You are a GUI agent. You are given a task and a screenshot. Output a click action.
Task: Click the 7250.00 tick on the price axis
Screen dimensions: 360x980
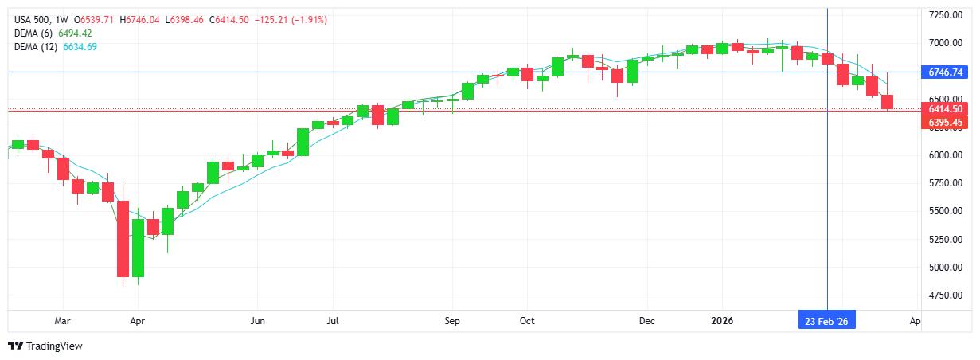[x=945, y=15]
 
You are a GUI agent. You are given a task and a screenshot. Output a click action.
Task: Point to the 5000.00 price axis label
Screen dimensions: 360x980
[x=945, y=268]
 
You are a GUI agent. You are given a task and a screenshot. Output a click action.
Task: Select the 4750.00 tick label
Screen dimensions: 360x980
[x=945, y=295]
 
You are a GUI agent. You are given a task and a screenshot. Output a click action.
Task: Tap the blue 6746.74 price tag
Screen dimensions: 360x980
[x=945, y=72]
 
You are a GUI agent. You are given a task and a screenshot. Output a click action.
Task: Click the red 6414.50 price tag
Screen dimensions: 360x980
[x=945, y=109]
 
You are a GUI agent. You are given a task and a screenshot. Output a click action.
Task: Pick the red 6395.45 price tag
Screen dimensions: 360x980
[x=945, y=122]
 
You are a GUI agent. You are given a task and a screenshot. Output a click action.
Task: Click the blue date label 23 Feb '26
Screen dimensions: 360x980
[x=827, y=321]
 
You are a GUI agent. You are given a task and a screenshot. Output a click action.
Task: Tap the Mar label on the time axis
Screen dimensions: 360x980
[x=63, y=321]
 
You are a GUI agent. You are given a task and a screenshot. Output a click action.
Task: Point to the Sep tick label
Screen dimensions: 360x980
[x=452, y=321]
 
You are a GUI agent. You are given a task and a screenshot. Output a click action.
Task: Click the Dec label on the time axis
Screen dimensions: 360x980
[x=646, y=321]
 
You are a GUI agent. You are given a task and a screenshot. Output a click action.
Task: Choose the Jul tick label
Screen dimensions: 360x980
[x=332, y=321]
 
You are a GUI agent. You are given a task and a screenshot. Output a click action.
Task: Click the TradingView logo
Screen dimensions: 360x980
[x=45, y=346]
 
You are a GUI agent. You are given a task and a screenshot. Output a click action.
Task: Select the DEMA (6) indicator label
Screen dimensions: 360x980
[x=33, y=33]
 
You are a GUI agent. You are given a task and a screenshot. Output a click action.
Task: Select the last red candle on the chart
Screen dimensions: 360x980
[x=888, y=102]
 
